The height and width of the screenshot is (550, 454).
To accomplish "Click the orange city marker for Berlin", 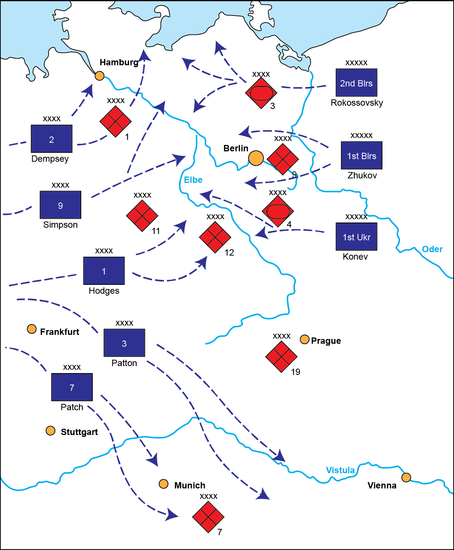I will (x=256, y=158).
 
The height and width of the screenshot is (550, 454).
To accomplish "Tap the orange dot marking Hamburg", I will (x=99, y=76).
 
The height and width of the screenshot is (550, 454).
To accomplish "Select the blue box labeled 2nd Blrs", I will (x=356, y=83).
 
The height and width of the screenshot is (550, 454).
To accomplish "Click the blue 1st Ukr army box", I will (x=356, y=237).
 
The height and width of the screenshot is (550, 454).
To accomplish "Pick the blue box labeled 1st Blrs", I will (x=362, y=155).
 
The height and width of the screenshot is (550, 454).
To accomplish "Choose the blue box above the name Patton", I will (x=124, y=343).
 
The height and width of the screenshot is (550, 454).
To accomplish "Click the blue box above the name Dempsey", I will (x=52, y=139).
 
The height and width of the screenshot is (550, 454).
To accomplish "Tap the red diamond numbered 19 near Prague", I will (x=282, y=356).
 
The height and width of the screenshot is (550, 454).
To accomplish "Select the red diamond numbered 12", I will (x=215, y=237).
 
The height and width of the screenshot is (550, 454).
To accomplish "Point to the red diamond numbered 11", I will (x=142, y=216).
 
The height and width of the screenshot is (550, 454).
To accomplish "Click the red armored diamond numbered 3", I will (x=261, y=93).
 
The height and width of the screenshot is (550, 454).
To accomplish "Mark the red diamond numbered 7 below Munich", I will (x=208, y=517).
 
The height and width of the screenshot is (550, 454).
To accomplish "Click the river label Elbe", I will (x=193, y=180).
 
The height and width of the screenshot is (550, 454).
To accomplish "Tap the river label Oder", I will (x=432, y=249).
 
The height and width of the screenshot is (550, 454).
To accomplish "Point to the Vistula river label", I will (x=340, y=470).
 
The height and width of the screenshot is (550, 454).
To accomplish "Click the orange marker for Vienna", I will (x=406, y=477).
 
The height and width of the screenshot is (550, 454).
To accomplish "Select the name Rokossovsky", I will (x=357, y=103).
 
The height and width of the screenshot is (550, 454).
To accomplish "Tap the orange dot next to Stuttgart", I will (x=50, y=431).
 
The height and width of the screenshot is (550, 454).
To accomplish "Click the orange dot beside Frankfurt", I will (x=32, y=329).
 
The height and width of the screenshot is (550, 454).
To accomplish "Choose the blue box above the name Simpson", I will (x=60, y=205).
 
